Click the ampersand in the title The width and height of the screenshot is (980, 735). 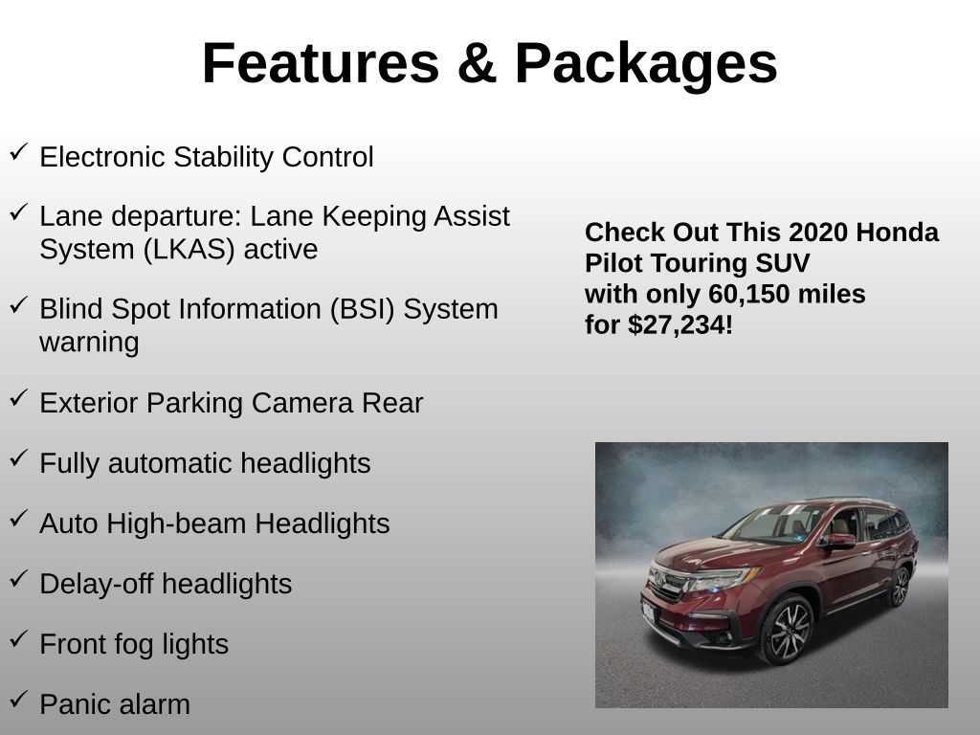pyautogui.click(x=477, y=63)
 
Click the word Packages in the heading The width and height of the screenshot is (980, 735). pyautogui.click(x=646, y=64)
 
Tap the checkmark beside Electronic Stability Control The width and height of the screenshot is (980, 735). pyautogui.click(x=19, y=152)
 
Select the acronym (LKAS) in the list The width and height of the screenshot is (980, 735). pyautogui.click(x=189, y=250)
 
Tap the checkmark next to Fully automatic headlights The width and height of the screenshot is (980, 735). pyautogui.click(x=19, y=458)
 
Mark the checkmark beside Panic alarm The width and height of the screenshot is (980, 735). pyautogui.click(x=19, y=700)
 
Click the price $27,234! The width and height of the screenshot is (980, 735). pyautogui.click(x=680, y=325)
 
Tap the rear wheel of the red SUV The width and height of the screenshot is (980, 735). pyautogui.click(x=899, y=586)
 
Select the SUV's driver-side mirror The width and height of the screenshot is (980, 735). pyautogui.click(x=840, y=542)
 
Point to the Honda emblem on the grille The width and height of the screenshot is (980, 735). pyautogui.click(x=658, y=580)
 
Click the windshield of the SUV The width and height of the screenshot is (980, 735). pyautogui.click(x=773, y=523)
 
